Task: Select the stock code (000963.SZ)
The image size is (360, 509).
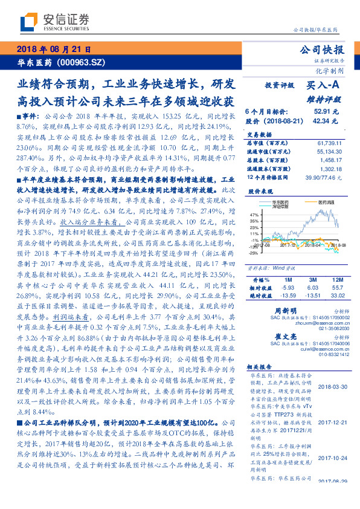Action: (x=81, y=62)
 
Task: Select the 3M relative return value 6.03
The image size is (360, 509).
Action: (x=312, y=271)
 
